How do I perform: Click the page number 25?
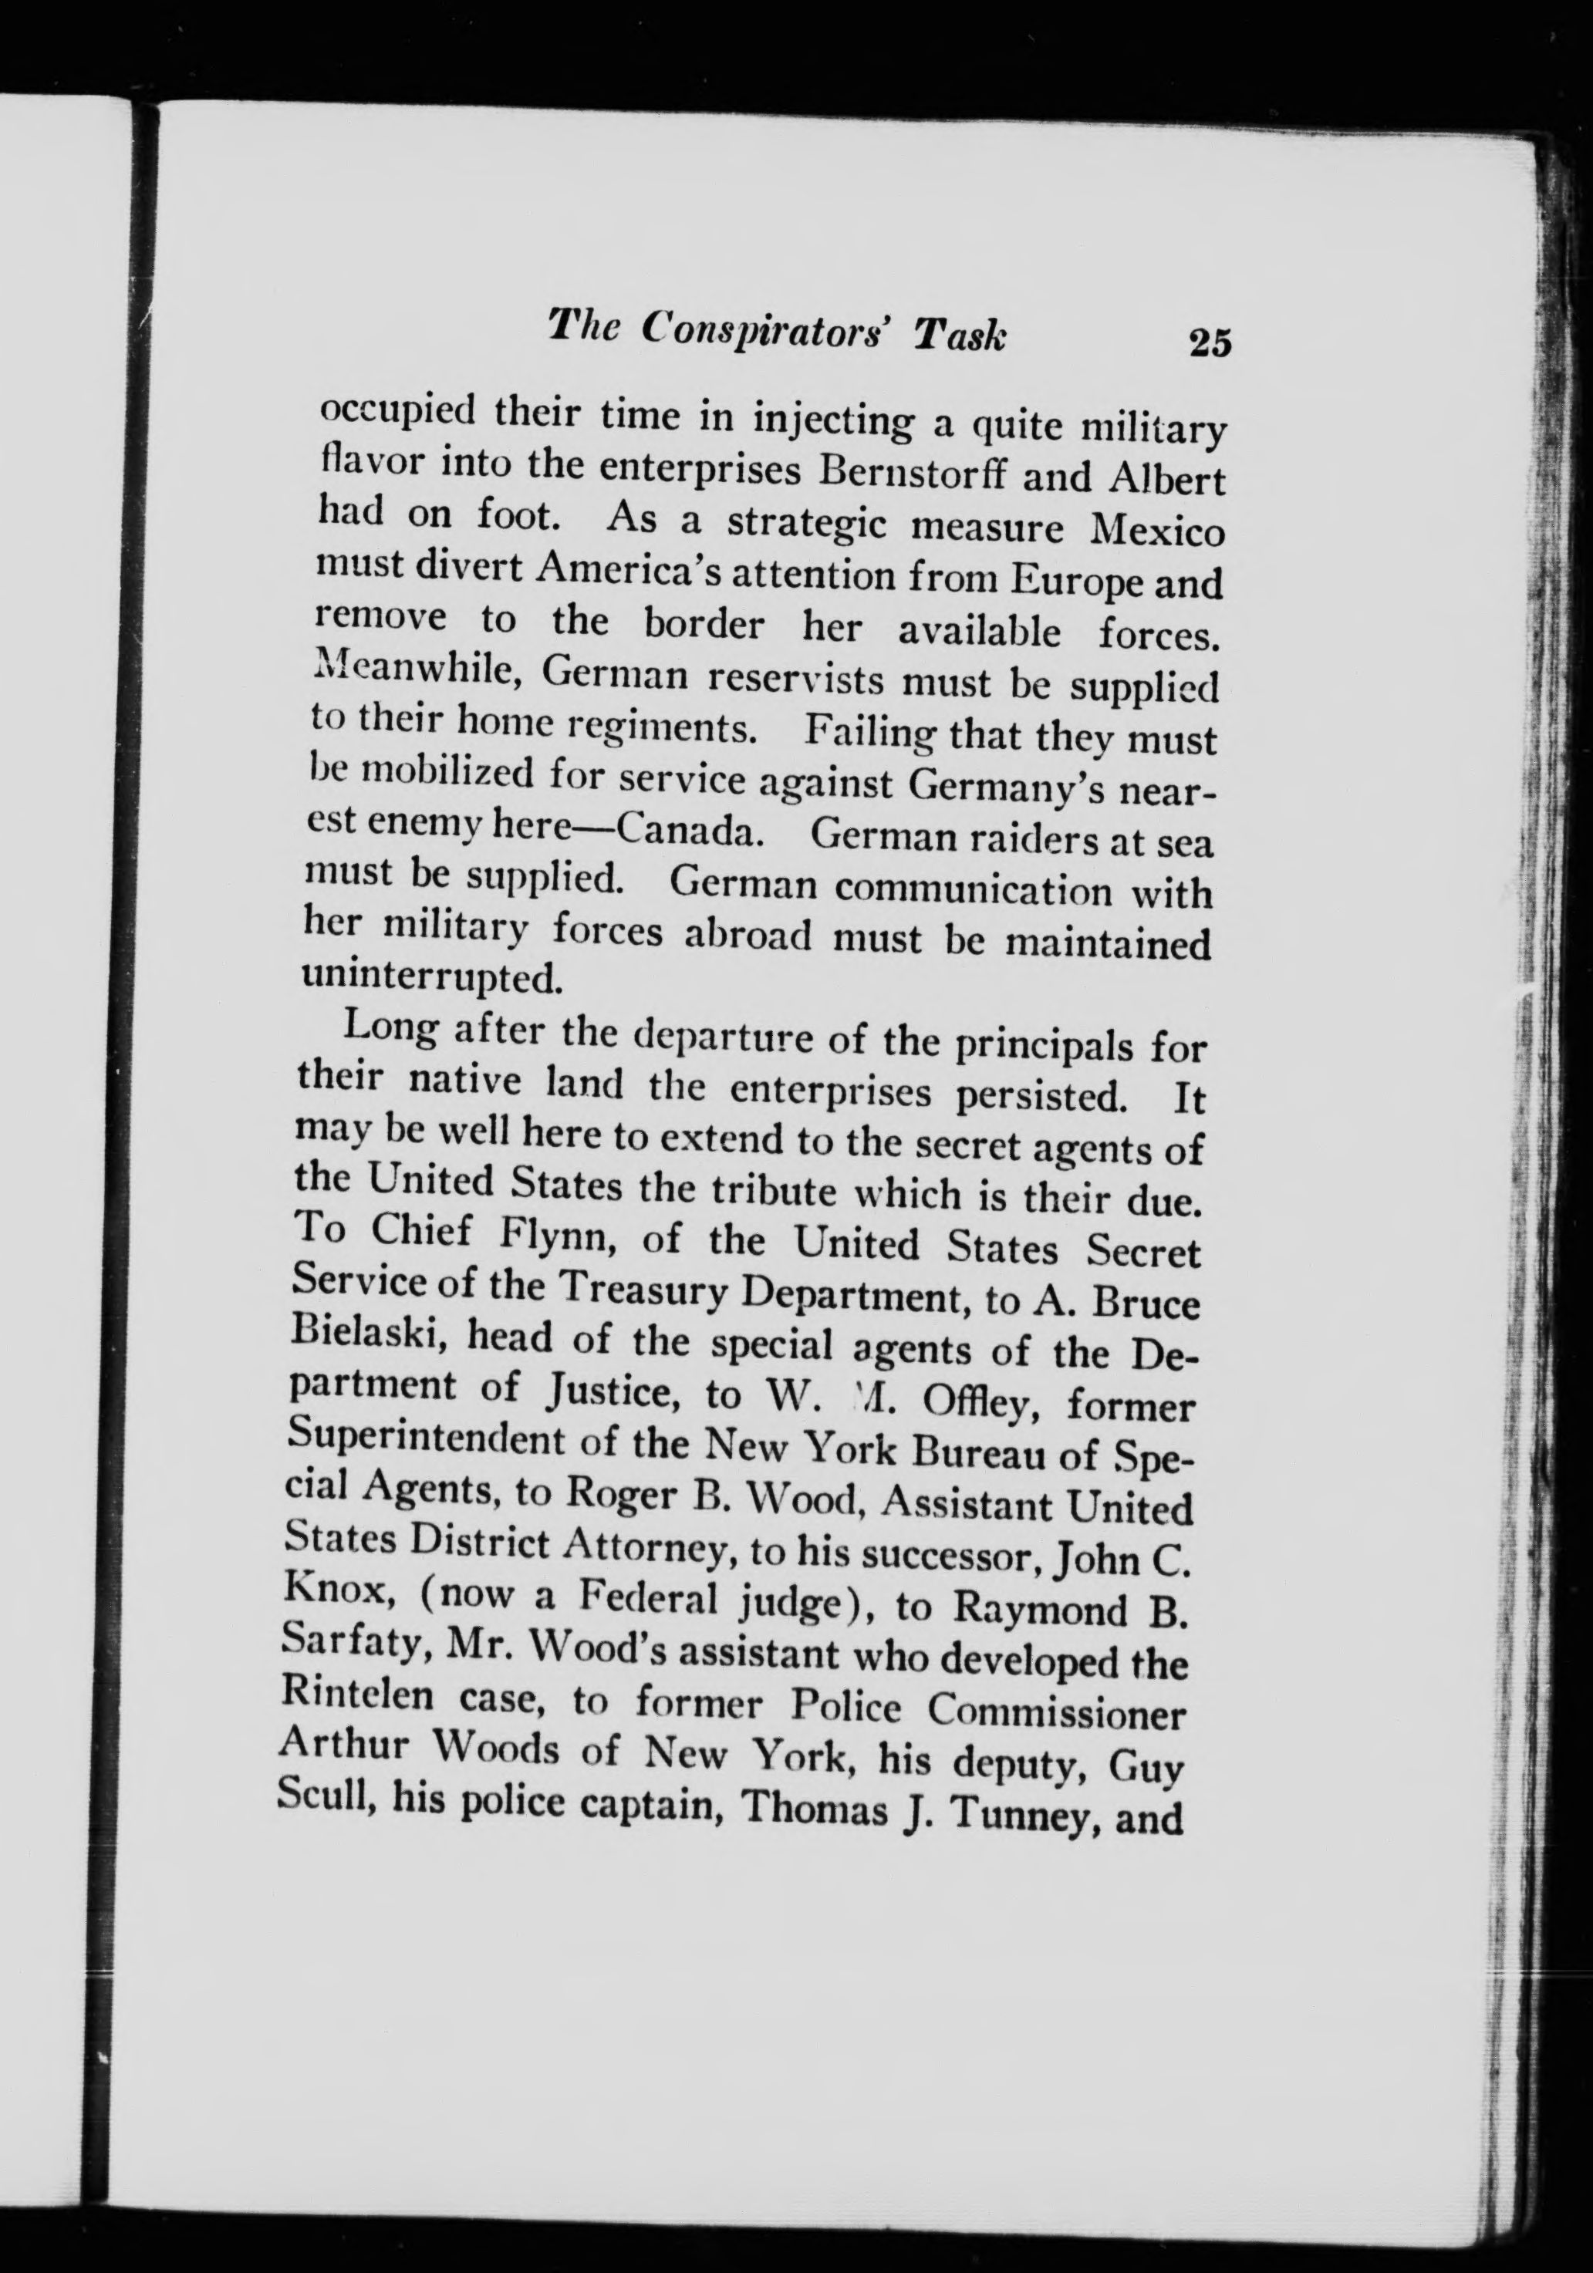[x=1209, y=342]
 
